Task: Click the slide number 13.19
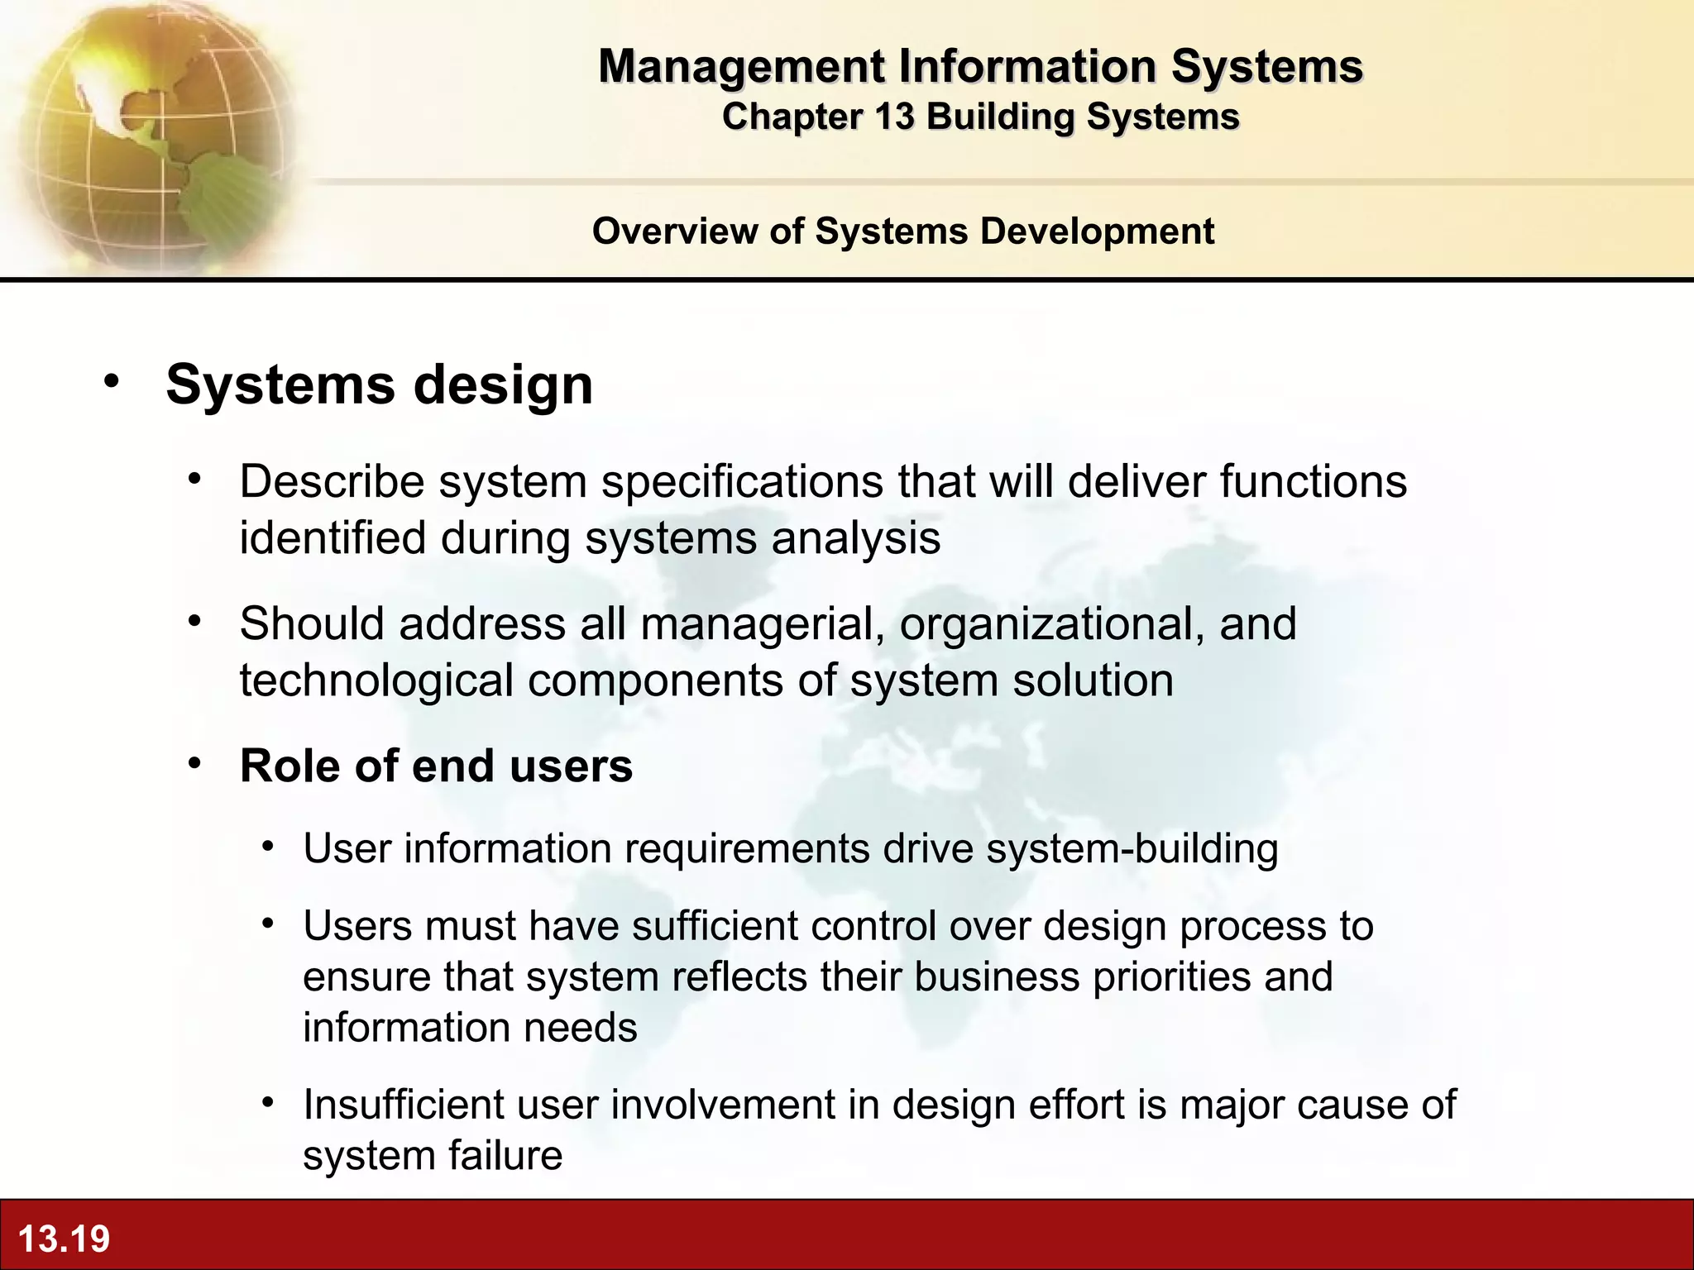pos(64,1239)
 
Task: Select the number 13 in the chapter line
pos(894,117)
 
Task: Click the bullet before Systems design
pos(112,383)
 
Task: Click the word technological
pos(376,680)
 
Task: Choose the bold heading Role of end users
pos(436,766)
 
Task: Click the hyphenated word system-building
pos(1132,848)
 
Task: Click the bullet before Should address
pos(194,621)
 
